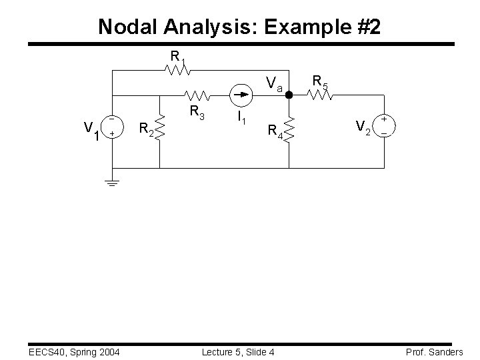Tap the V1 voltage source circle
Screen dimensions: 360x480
click(x=112, y=127)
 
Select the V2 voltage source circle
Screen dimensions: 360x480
click(x=385, y=126)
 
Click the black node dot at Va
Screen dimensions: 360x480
click(x=289, y=95)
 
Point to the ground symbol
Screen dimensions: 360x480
click(x=112, y=182)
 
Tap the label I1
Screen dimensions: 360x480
click(x=241, y=119)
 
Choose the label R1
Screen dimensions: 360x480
click(x=177, y=56)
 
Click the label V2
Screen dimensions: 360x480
click(x=363, y=127)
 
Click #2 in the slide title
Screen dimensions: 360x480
click(x=367, y=27)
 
